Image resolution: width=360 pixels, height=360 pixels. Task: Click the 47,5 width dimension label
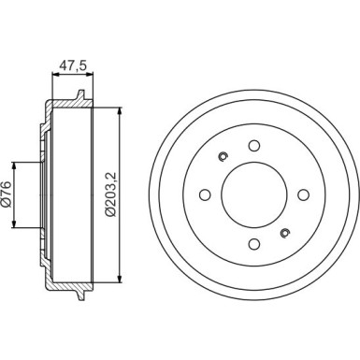(73, 65)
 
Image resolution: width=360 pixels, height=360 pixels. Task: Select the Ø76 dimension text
(7, 194)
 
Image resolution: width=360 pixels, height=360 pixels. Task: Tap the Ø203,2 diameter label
(110, 194)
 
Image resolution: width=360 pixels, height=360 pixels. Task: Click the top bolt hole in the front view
(254, 145)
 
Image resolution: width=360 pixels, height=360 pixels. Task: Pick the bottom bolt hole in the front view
(254, 244)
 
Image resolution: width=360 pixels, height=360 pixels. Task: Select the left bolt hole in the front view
(205, 194)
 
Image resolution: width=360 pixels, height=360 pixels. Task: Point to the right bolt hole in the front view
(304, 194)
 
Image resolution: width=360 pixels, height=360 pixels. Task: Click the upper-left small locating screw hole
(223, 156)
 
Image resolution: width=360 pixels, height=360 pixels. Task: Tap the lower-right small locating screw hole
(285, 233)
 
